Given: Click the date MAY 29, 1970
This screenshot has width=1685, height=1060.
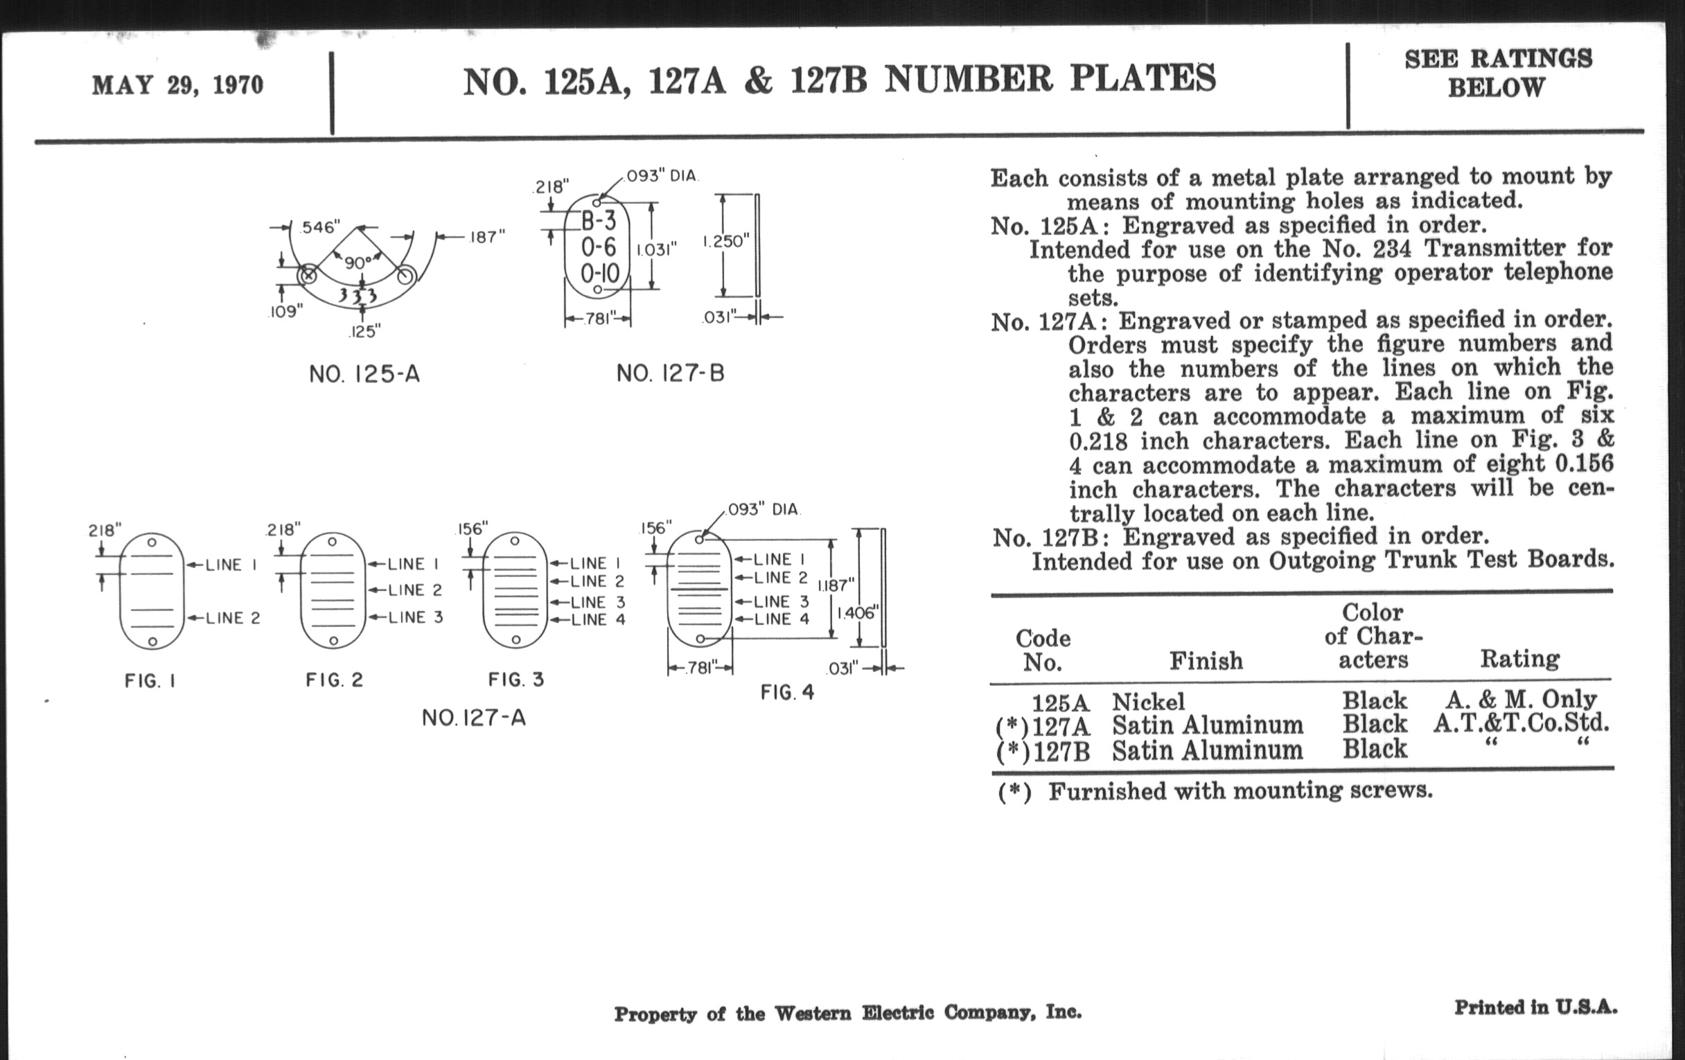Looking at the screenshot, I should [x=178, y=85].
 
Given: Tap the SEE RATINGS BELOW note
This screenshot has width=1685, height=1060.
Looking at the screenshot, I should [x=1497, y=73].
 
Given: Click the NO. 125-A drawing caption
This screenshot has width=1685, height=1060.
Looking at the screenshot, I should [x=364, y=374].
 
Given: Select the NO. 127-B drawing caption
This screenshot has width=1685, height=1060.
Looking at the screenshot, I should [x=670, y=373].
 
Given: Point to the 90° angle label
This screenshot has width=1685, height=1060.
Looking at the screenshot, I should [x=358, y=263].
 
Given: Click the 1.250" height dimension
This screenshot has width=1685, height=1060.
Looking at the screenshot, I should [x=725, y=241].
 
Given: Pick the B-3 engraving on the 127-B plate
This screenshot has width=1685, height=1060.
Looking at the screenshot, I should [x=599, y=221].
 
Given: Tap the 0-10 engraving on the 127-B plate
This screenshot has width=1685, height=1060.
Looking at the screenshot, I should [x=600, y=273].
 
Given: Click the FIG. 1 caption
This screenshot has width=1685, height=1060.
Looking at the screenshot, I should [x=150, y=681].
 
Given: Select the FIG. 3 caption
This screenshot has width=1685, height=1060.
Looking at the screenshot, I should [x=515, y=680].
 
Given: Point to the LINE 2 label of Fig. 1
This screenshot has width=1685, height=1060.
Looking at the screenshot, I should [x=232, y=618].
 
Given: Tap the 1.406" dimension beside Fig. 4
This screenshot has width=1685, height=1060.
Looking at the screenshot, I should [x=857, y=613].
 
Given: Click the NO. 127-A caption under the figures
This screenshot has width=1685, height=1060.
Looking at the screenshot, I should [x=474, y=718].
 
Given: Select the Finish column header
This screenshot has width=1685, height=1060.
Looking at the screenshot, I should [x=1206, y=660].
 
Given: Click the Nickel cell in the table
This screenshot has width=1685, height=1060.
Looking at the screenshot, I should [x=1148, y=702].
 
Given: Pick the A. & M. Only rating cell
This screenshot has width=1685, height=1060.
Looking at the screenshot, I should [x=1521, y=699].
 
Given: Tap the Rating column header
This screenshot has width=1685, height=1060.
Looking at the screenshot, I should [x=1519, y=658].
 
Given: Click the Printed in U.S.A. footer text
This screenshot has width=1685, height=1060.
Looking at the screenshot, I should [x=1535, y=1007].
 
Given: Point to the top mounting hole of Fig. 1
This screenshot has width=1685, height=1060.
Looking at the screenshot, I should [x=152, y=542].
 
